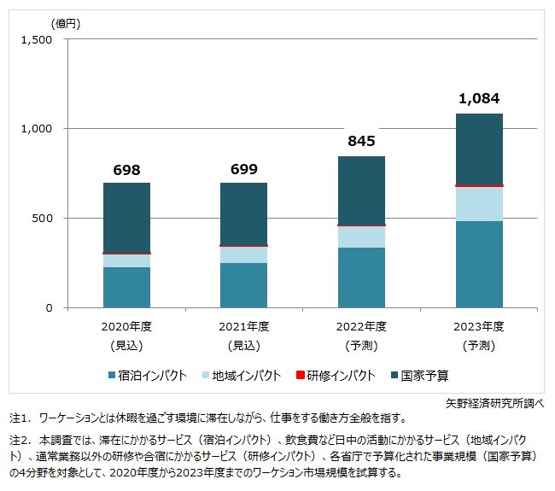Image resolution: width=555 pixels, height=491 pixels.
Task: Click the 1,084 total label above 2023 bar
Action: click(x=480, y=101)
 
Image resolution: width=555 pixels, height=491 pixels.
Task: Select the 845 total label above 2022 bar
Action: click(x=362, y=142)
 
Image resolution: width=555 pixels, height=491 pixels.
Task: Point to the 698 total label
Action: click(x=126, y=170)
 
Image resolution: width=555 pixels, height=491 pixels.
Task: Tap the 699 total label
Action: click(x=243, y=170)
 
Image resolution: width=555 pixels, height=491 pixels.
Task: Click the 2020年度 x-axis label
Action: click(x=126, y=326)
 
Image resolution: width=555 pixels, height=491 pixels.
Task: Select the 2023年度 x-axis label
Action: click(x=480, y=326)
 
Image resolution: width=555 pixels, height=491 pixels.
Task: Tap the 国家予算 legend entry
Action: click(x=424, y=376)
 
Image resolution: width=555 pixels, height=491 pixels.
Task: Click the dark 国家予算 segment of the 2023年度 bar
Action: click(x=480, y=149)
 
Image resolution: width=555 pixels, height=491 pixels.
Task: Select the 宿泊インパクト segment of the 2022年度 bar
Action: click(x=362, y=278)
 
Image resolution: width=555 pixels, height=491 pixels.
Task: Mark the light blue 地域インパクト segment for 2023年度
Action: click(x=480, y=203)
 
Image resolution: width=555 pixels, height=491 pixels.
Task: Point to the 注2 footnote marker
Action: click(x=20, y=440)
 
